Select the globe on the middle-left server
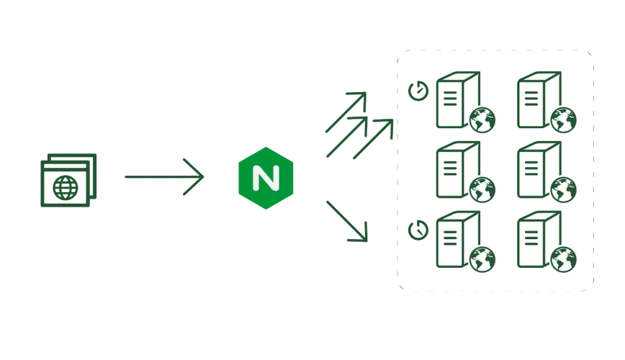pyautogui.click(x=482, y=190)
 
